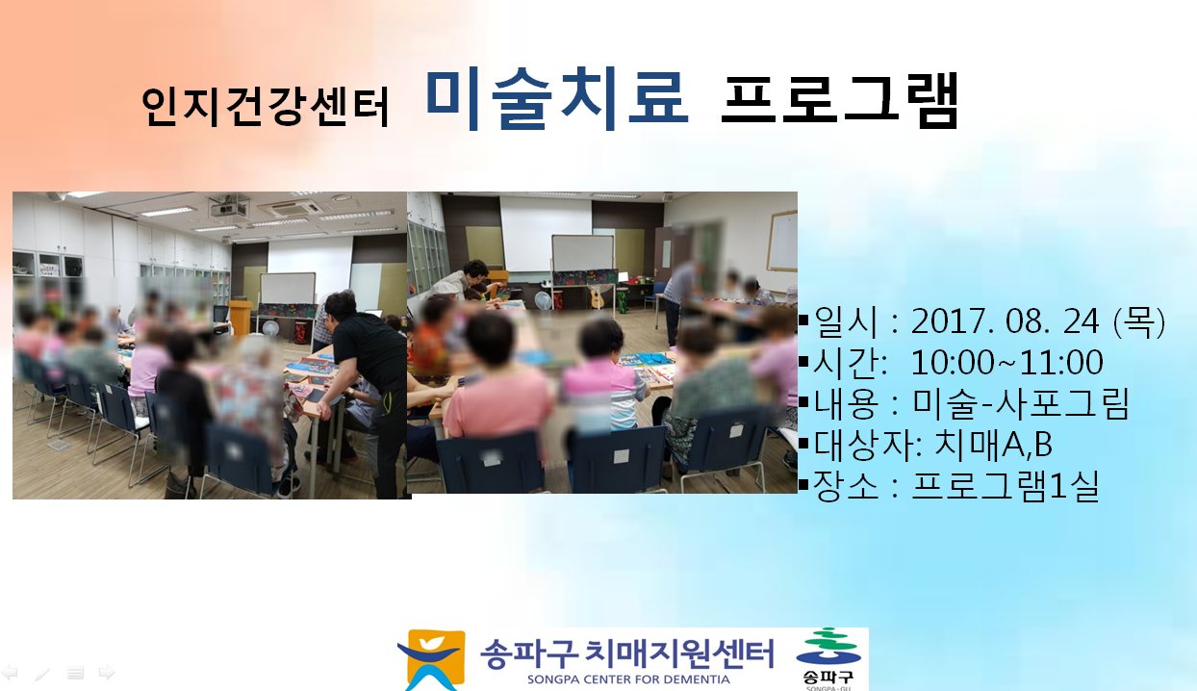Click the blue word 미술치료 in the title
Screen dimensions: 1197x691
[x=557, y=100]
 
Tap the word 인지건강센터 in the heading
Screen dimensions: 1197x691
[x=266, y=107]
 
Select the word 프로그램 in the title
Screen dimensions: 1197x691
[x=840, y=100]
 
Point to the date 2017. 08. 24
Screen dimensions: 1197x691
[x=1006, y=321]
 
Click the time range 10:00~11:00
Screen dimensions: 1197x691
[x=1006, y=362]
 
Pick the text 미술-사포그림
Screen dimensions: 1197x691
[x=1020, y=403]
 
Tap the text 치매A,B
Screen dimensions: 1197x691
[x=993, y=444]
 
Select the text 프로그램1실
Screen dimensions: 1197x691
[x=1005, y=485]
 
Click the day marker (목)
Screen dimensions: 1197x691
[x=1138, y=321]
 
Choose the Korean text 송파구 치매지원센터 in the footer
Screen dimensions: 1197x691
[x=626, y=653]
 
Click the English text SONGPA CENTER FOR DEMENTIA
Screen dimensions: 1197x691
[x=628, y=679]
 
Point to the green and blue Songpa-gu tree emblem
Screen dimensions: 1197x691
[x=828, y=646]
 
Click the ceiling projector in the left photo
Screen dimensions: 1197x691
[x=230, y=206]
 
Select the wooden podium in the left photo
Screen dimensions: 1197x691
[x=240, y=319]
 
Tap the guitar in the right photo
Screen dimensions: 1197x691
[x=596, y=297]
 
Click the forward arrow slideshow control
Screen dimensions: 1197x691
[x=107, y=673]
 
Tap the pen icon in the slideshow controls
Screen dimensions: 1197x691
[x=42, y=673]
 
